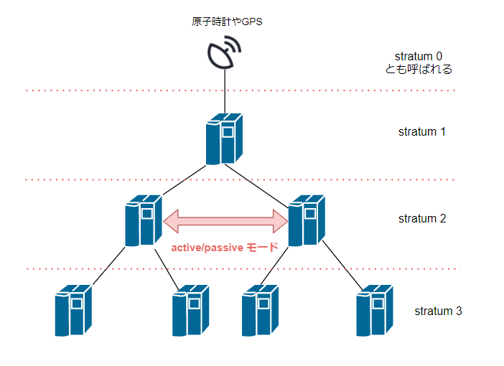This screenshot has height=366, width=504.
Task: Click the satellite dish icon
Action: (x=225, y=54)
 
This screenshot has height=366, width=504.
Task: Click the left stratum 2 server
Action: (x=141, y=220)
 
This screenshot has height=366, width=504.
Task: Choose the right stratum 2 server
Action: (x=304, y=220)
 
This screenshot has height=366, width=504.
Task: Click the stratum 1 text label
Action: (x=422, y=132)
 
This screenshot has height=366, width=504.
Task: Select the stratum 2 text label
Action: (x=422, y=218)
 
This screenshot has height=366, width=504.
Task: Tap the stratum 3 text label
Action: (x=438, y=311)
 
